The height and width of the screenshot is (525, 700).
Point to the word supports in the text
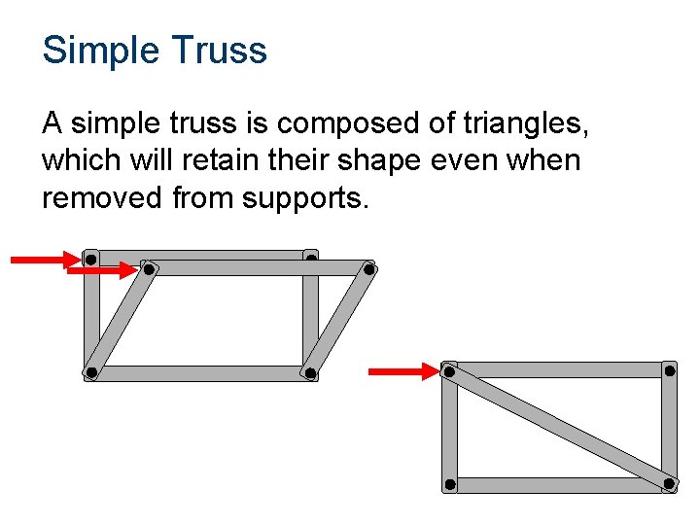pos(303,197)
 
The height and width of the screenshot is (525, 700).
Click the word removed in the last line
pos(103,197)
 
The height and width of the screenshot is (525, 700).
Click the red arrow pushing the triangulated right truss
pos(402,370)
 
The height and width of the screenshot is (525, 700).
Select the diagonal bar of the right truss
pos(559,427)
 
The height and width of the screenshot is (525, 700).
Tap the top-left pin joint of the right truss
pos(449,370)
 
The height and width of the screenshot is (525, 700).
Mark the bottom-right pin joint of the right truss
pos(669,483)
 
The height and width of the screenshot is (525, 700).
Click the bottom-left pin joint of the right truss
pos(449,484)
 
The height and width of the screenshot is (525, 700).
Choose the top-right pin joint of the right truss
pos(669,369)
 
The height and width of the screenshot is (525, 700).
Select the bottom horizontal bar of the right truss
pos(559,484)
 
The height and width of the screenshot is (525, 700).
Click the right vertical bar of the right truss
pos(669,427)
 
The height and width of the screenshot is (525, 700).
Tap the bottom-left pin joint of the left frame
pos(90,372)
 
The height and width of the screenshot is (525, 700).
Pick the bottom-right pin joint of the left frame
pos(310,372)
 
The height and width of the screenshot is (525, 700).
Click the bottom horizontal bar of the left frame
pos(200,373)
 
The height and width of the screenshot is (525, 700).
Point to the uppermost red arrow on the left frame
pos(44,260)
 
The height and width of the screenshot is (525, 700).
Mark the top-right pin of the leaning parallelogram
pos(369,269)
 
